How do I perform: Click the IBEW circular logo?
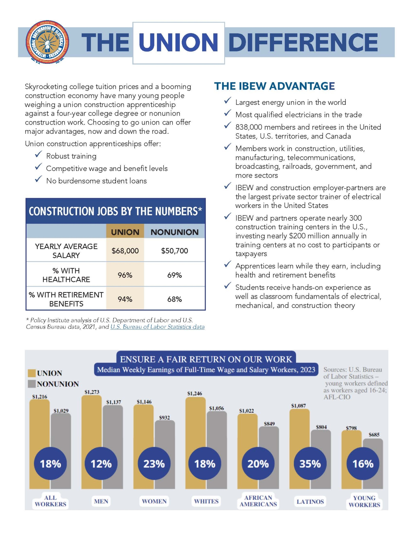[x=47, y=42]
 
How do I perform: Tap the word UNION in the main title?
[x=178, y=42]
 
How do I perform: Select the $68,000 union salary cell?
[x=125, y=251]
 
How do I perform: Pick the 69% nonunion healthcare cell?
[x=174, y=275]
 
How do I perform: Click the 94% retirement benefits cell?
[x=125, y=299]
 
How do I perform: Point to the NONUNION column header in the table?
[x=174, y=232]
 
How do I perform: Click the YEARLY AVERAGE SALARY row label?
[x=66, y=251]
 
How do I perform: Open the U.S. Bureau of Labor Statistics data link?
[x=157, y=327]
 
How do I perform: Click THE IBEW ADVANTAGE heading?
[x=274, y=86]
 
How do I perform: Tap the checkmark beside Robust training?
[x=38, y=154]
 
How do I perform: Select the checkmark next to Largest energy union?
[x=227, y=101]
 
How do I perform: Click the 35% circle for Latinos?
[x=310, y=464]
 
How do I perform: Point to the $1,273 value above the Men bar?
[x=92, y=392]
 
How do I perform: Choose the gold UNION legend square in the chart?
[x=32, y=373]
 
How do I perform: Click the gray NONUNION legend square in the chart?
[x=32, y=384]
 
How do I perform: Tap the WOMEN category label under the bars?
[x=154, y=501]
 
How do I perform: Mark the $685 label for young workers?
[x=374, y=435]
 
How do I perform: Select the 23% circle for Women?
[x=154, y=464]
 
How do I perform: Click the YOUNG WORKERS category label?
[x=364, y=501]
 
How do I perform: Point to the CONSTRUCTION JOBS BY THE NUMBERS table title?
[x=115, y=211]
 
